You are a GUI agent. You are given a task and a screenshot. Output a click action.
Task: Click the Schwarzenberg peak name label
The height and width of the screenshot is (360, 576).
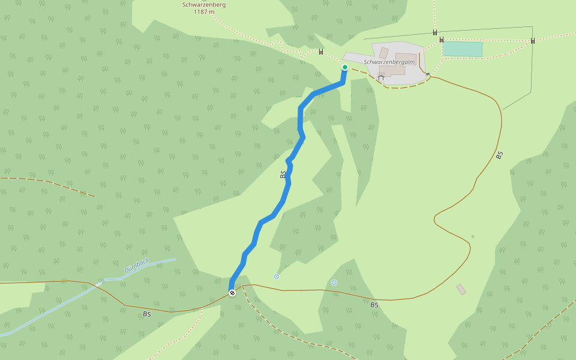tap(204, 5)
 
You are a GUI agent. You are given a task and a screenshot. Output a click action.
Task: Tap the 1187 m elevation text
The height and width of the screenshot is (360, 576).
tap(204, 12)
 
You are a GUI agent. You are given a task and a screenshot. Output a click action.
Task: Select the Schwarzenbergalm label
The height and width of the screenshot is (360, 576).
tap(389, 62)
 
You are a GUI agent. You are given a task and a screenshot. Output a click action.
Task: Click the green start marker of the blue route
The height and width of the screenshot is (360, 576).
tap(345, 67)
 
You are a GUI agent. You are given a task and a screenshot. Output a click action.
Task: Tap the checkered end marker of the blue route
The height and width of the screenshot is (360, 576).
tap(232, 293)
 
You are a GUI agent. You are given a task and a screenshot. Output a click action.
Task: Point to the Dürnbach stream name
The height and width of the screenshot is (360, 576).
tap(137, 266)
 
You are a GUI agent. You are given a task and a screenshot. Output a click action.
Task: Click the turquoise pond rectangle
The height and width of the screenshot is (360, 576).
tap(463, 49)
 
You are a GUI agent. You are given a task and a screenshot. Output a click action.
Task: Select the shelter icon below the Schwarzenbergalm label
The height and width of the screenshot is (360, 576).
tap(380, 77)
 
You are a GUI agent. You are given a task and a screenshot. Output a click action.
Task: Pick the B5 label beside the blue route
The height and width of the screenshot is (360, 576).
tap(283, 175)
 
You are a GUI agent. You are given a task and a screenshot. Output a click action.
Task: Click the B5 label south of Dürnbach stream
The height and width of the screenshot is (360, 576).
tap(147, 314)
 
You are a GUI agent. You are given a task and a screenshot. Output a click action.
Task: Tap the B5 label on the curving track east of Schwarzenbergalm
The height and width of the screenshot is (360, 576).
tap(499, 155)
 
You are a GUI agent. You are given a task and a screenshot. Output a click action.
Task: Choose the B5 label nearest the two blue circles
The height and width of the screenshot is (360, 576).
tap(374, 305)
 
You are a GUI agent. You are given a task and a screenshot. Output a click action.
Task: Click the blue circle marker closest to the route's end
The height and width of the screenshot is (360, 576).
tap(277, 277)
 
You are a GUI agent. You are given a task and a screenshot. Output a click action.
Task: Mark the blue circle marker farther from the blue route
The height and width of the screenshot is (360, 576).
tap(334, 283)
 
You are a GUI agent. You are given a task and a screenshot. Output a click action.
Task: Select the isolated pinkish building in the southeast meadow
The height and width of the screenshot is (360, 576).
tap(461, 289)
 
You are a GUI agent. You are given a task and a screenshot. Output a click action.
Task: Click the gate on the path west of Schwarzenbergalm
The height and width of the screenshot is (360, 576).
tap(321, 52)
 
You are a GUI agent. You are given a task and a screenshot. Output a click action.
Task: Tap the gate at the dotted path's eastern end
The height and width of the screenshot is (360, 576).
tap(533, 41)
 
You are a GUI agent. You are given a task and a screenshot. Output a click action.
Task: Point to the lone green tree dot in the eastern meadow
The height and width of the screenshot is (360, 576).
tap(472, 236)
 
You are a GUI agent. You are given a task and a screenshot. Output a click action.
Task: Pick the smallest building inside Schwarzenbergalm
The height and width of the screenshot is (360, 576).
tap(383, 53)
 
